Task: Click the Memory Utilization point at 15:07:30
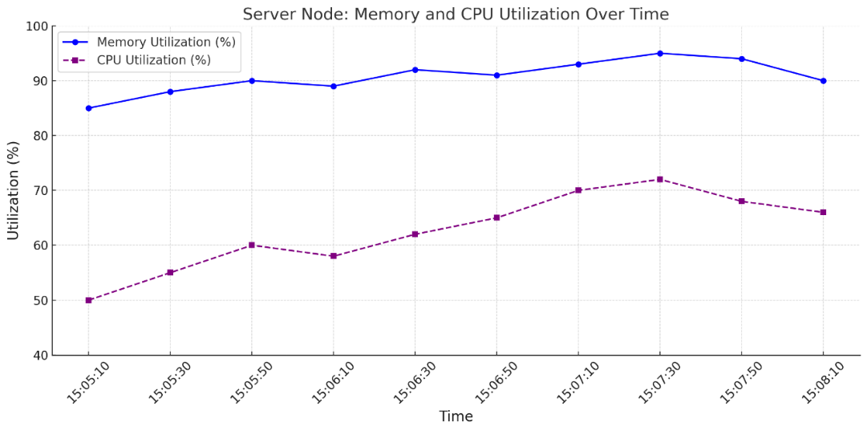[x=659, y=53]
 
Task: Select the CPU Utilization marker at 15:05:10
[x=88, y=300]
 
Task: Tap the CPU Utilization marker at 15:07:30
[x=659, y=179]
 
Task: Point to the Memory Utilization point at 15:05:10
[x=88, y=108]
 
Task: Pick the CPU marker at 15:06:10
[x=333, y=256]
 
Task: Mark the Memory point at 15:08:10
[x=823, y=81]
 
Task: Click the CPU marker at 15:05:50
[x=251, y=245]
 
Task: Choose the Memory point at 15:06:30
[x=415, y=70]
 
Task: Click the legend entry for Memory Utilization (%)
[x=165, y=43]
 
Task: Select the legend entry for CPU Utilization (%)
[x=153, y=60]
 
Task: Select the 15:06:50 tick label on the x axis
[x=493, y=383]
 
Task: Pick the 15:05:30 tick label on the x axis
[x=167, y=383]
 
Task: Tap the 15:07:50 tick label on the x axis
[x=738, y=383]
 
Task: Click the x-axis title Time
[x=456, y=417]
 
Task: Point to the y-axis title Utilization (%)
[x=14, y=190]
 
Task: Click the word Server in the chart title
[x=267, y=14]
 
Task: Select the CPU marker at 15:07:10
[x=577, y=190]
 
